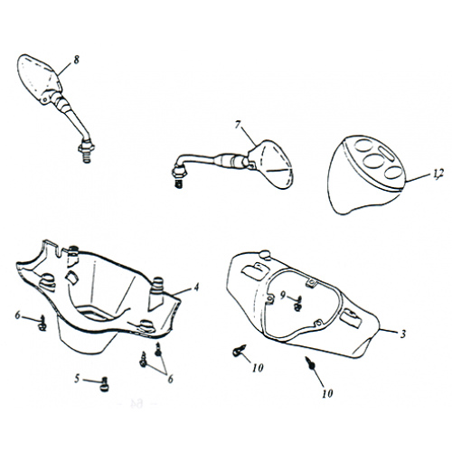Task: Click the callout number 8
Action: click(x=76, y=60)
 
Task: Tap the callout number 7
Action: click(x=238, y=125)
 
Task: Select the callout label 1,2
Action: click(x=438, y=174)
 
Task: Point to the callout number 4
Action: click(x=196, y=287)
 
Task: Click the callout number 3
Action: click(x=403, y=334)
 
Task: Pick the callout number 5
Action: click(x=78, y=379)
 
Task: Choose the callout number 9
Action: click(x=283, y=296)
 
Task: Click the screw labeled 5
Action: click(x=105, y=384)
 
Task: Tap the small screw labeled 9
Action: click(x=298, y=304)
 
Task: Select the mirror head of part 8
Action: click(x=39, y=79)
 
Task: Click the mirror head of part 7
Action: click(x=270, y=164)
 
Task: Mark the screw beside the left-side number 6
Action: click(x=42, y=323)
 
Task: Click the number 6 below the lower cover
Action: click(x=170, y=379)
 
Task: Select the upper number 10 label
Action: click(x=258, y=368)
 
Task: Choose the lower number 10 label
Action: click(x=327, y=393)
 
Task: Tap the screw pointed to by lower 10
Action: click(x=310, y=363)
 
